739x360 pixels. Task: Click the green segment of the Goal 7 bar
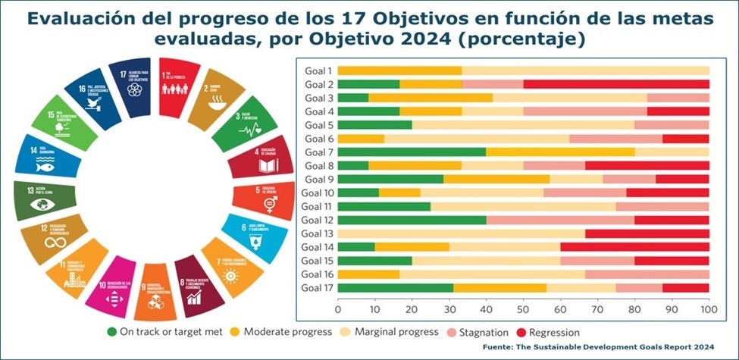pyautogui.click(x=412, y=152)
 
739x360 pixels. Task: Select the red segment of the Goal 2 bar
pyautogui.click(x=616, y=84)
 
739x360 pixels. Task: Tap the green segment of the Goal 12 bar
pyautogui.click(x=412, y=220)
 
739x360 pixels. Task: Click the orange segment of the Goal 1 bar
pyautogui.click(x=399, y=70)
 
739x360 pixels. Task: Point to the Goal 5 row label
pyautogui.click(x=318, y=125)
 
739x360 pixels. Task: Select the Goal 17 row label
pyautogui.click(x=316, y=288)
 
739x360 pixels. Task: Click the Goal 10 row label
pyautogui.click(x=316, y=193)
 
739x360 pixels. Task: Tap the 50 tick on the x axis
pyautogui.click(x=523, y=309)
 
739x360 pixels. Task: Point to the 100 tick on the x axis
pyautogui.click(x=709, y=309)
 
